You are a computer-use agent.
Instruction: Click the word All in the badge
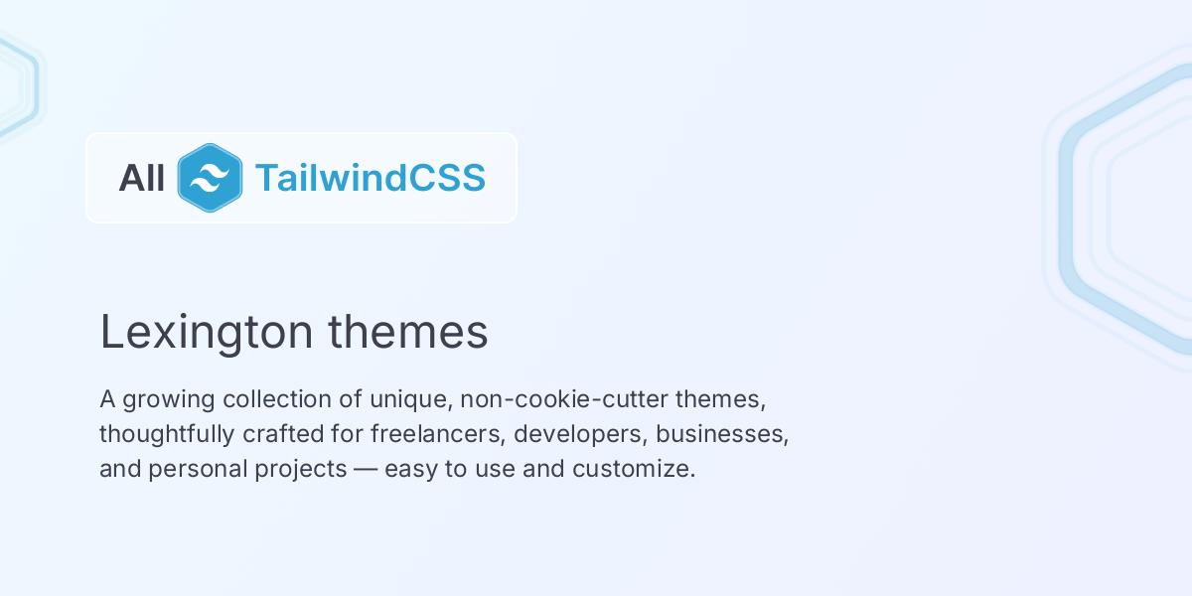(141, 178)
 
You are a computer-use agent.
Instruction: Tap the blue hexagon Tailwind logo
(210, 178)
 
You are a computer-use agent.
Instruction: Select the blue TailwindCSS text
(370, 178)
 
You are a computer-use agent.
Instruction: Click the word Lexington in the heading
(207, 333)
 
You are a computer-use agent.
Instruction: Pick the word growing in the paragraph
(170, 400)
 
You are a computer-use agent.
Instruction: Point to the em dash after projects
(366, 469)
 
